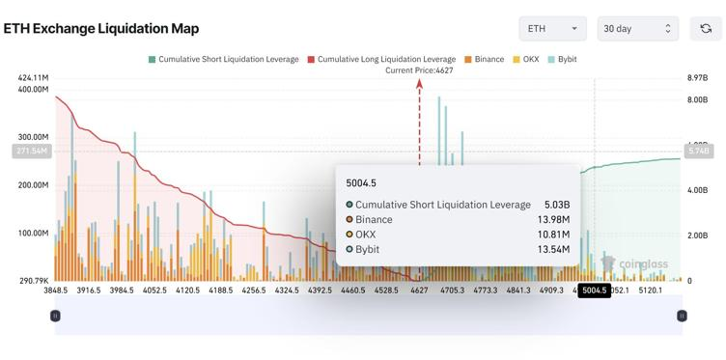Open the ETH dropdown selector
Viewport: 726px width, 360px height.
tap(552, 29)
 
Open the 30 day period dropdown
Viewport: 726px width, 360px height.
tap(637, 29)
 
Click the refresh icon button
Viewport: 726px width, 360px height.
tap(706, 29)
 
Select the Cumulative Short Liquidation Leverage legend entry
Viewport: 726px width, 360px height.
tap(223, 60)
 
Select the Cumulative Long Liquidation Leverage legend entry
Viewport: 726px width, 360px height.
tap(381, 60)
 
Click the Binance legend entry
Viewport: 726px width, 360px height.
tap(484, 60)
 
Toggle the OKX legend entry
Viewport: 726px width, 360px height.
tap(525, 60)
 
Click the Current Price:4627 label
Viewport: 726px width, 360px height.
tap(419, 70)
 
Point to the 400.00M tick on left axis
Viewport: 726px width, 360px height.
tap(32, 89)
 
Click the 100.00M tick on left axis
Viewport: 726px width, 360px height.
tap(32, 234)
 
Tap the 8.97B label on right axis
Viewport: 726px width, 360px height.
tap(698, 77)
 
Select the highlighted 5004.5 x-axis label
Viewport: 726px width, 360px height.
tap(595, 290)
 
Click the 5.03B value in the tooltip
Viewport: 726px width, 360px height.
tap(555, 205)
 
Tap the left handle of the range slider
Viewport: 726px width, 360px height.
tap(55, 316)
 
